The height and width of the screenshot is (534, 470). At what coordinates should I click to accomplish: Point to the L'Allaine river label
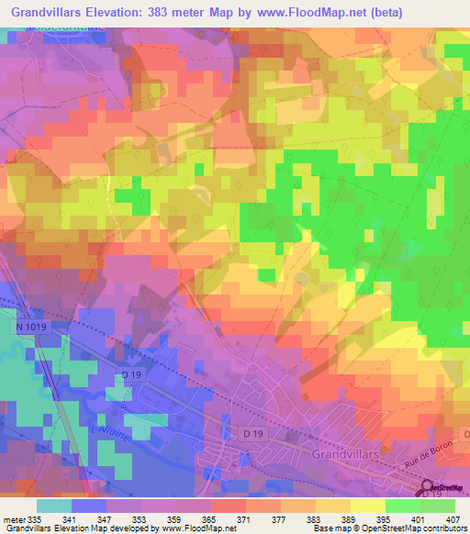coord(108,429)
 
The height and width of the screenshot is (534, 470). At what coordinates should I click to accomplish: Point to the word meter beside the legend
coord(13,520)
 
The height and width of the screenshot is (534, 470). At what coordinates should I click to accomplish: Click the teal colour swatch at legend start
coord(54,506)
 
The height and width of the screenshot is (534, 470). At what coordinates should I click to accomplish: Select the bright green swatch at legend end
coord(437,506)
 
